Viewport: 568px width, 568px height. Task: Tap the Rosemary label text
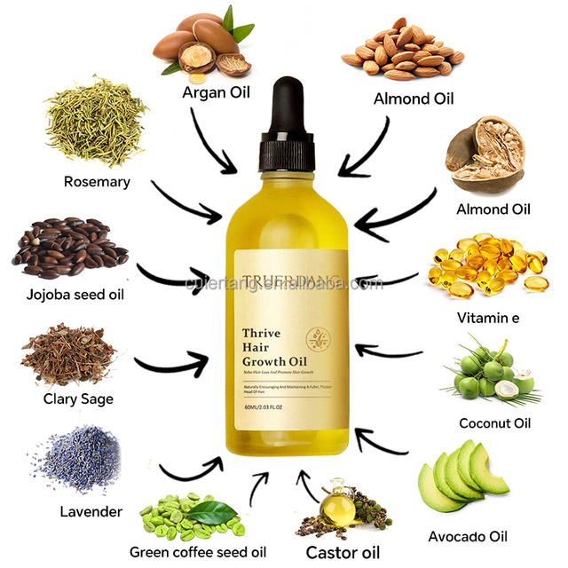coord(97,182)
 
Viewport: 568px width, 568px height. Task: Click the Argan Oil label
coord(215,92)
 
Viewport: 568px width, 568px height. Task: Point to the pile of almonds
coord(402,53)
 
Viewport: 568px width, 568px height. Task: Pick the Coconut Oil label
coord(495,422)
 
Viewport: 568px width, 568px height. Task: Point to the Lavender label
coord(91,511)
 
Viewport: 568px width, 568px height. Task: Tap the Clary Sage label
coord(78,398)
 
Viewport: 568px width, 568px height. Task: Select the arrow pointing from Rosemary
coord(185,202)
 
